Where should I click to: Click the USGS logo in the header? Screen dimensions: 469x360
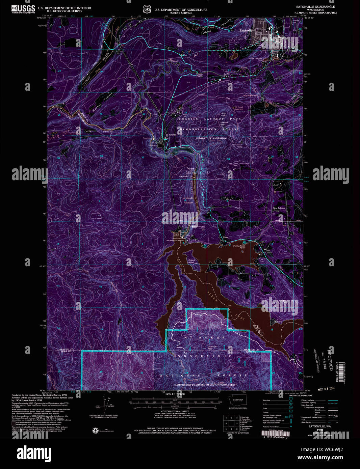tap(23, 9)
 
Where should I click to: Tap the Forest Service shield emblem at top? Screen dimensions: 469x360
tap(147, 9)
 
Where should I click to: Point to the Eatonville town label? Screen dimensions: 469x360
tap(246, 31)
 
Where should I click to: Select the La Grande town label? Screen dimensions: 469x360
tap(171, 135)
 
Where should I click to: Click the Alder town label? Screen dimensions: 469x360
tap(226, 238)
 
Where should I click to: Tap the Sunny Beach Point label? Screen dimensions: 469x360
tap(239, 247)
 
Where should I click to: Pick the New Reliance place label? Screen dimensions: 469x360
tap(279, 208)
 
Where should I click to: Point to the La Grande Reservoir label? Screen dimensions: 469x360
tap(188, 200)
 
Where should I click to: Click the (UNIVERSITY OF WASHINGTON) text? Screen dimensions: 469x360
tap(211, 138)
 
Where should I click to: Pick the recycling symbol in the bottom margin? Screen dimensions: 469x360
tap(96, 431)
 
